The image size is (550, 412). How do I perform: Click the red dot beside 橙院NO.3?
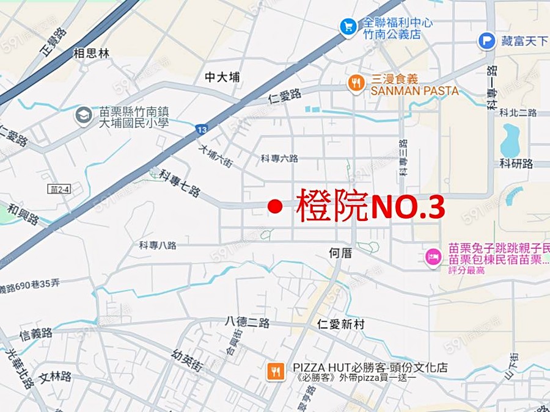(275, 208)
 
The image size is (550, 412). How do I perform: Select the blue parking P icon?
(486, 41)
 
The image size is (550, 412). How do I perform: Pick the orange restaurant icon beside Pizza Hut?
(276, 371)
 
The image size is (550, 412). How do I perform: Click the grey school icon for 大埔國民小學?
(84, 115)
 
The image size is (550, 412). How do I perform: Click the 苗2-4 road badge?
(61, 189)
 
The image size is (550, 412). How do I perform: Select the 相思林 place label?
(91, 53)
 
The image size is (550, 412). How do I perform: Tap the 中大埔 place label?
(222, 77)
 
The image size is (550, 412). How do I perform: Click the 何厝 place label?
(340, 253)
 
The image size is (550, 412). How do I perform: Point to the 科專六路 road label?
(279, 158)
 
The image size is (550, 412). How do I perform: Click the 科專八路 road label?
(158, 245)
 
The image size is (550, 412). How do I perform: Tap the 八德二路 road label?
(247, 322)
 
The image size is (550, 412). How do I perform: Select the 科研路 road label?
(516, 163)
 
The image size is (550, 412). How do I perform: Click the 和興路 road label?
(23, 212)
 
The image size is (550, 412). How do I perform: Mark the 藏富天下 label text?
(524, 41)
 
